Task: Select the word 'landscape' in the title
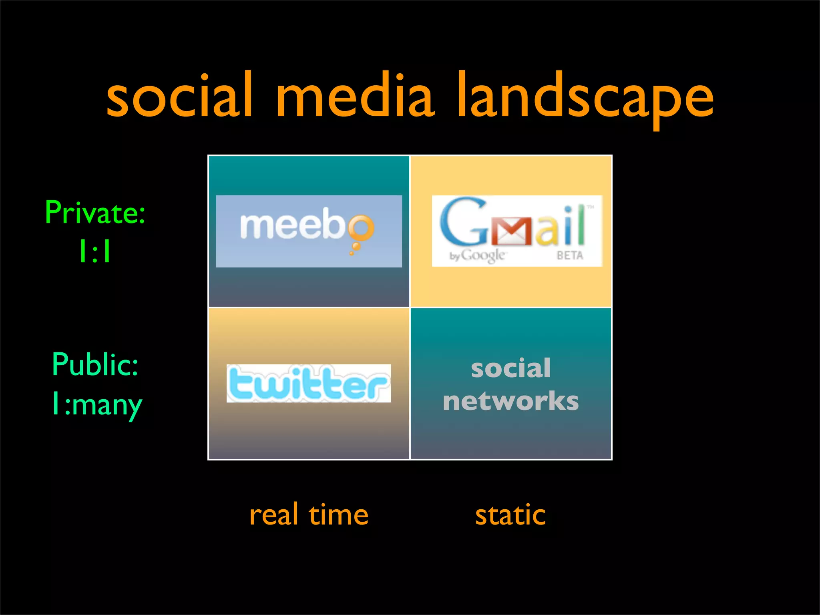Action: coord(585,98)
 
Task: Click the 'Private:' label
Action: coord(95,213)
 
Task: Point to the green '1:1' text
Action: coord(95,251)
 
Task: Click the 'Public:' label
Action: coord(95,364)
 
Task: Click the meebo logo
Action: coord(309,231)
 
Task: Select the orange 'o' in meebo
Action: coord(360,227)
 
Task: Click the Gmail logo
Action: coord(517,231)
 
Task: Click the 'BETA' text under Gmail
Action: coord(570,255)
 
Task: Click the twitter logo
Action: coord(308,383)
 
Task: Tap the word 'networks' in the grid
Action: coord(510,401)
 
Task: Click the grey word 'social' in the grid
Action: coord(510,368)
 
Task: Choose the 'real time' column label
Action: coord(309,515)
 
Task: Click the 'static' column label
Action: coord(510,515)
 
